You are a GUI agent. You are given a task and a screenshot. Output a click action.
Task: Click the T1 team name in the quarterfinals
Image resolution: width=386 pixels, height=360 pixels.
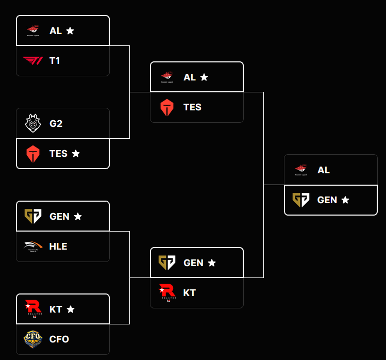coord(55,61)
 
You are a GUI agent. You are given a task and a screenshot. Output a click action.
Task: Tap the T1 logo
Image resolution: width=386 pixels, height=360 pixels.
coord(33,61)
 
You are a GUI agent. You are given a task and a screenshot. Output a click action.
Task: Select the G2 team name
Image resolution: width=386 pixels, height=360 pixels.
coord(56,124)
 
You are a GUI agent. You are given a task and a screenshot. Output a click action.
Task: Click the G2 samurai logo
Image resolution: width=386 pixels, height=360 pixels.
coord(33,123)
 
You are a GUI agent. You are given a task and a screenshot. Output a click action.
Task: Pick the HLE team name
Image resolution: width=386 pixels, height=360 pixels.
coord(58,247)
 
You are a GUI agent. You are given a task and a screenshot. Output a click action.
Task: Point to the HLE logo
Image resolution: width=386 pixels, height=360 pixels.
coord(33,247)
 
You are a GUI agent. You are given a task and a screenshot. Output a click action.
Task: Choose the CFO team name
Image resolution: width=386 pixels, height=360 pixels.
coord(59,339)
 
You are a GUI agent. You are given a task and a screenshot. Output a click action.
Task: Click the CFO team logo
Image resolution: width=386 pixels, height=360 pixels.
coord(33,339)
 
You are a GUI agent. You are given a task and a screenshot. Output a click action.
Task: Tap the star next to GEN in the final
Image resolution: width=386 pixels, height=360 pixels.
coord(345,200)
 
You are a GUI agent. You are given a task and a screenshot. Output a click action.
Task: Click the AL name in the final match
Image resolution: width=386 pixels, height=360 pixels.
coord(324,170)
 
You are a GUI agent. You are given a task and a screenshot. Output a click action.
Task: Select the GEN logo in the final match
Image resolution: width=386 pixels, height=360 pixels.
coord(301,200)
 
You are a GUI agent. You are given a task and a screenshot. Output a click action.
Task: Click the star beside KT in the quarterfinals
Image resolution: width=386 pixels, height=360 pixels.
coord(71,309)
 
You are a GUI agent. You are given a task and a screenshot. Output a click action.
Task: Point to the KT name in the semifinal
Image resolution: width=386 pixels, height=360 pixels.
coord(190,293)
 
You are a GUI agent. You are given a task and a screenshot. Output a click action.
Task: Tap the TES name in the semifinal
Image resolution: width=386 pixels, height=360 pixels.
coord(192,107)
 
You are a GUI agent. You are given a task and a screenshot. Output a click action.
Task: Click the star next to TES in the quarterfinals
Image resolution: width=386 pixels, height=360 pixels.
coord(76,154)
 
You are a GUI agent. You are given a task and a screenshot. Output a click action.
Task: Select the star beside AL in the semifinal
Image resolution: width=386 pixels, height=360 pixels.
coord(204,77)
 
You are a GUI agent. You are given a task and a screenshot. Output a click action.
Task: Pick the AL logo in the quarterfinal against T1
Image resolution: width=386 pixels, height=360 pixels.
coord(33,31)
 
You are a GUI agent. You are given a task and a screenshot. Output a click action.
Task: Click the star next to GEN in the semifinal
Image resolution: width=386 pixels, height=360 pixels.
coord(212,263)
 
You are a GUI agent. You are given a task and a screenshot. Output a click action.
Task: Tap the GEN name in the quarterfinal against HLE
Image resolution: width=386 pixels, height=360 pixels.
coord(59,217)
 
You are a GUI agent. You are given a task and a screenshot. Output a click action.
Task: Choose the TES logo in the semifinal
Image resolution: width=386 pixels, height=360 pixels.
coord(167,107)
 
